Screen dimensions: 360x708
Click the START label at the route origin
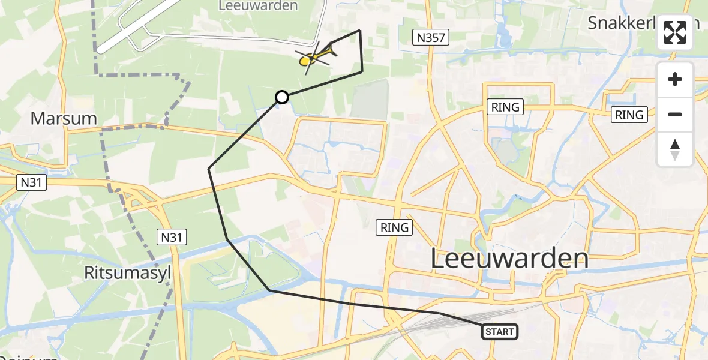(x=499, y=332)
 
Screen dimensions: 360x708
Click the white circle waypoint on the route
(x=282, y=97)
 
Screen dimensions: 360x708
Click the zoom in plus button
(x=675, y=80)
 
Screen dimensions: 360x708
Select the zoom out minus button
(x=675, y=114)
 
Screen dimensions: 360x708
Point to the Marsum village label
(x=64, y=118)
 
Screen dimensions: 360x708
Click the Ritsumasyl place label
(x=128, y=273)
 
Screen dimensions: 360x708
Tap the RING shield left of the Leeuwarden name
(x=394, y=227)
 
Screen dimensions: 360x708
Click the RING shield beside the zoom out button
(x=629, y=115)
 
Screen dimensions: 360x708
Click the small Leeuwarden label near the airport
(x=259, y=6)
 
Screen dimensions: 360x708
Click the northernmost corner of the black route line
(x=359, y=30)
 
